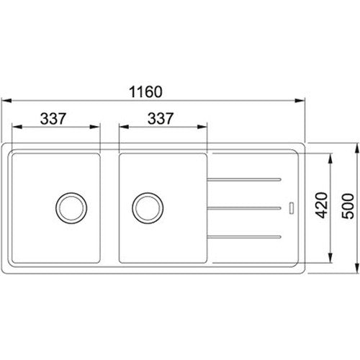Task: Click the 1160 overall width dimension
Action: click(x=150, y=92)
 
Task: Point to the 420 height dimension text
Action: click(x=323, y=207)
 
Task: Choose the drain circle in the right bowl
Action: click(x=146, y=207)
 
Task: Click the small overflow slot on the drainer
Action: click(x=291, y=207)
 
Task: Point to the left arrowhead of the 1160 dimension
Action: click(x=4, y=101)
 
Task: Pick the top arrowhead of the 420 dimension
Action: click(x=330, y=156)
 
